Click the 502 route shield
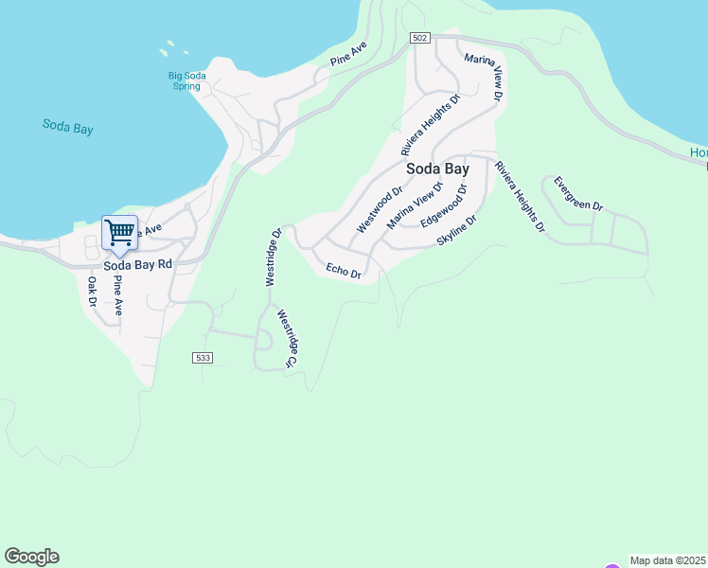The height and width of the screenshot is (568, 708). tap(421, 38)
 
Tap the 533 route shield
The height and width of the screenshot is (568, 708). tap(202, 358)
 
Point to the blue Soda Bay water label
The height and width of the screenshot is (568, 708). tap(68, 127)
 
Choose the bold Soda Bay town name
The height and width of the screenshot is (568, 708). tap(437, 169)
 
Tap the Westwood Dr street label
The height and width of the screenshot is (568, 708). tap(373, 211)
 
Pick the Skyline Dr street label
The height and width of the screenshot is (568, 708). tap(457, 231)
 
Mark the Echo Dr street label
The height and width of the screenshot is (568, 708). tap(344, 271)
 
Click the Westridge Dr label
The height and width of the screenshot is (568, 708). tap(274, 257)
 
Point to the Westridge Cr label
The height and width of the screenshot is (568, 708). tap(287, 342)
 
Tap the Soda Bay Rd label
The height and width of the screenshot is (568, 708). tap(138, 265)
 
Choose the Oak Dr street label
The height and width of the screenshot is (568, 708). tap(93, 293)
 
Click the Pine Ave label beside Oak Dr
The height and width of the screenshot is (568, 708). tap(117, 296)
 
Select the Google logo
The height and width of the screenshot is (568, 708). tap(31, 557)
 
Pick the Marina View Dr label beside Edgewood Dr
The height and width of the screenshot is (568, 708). tap(415, 205)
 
